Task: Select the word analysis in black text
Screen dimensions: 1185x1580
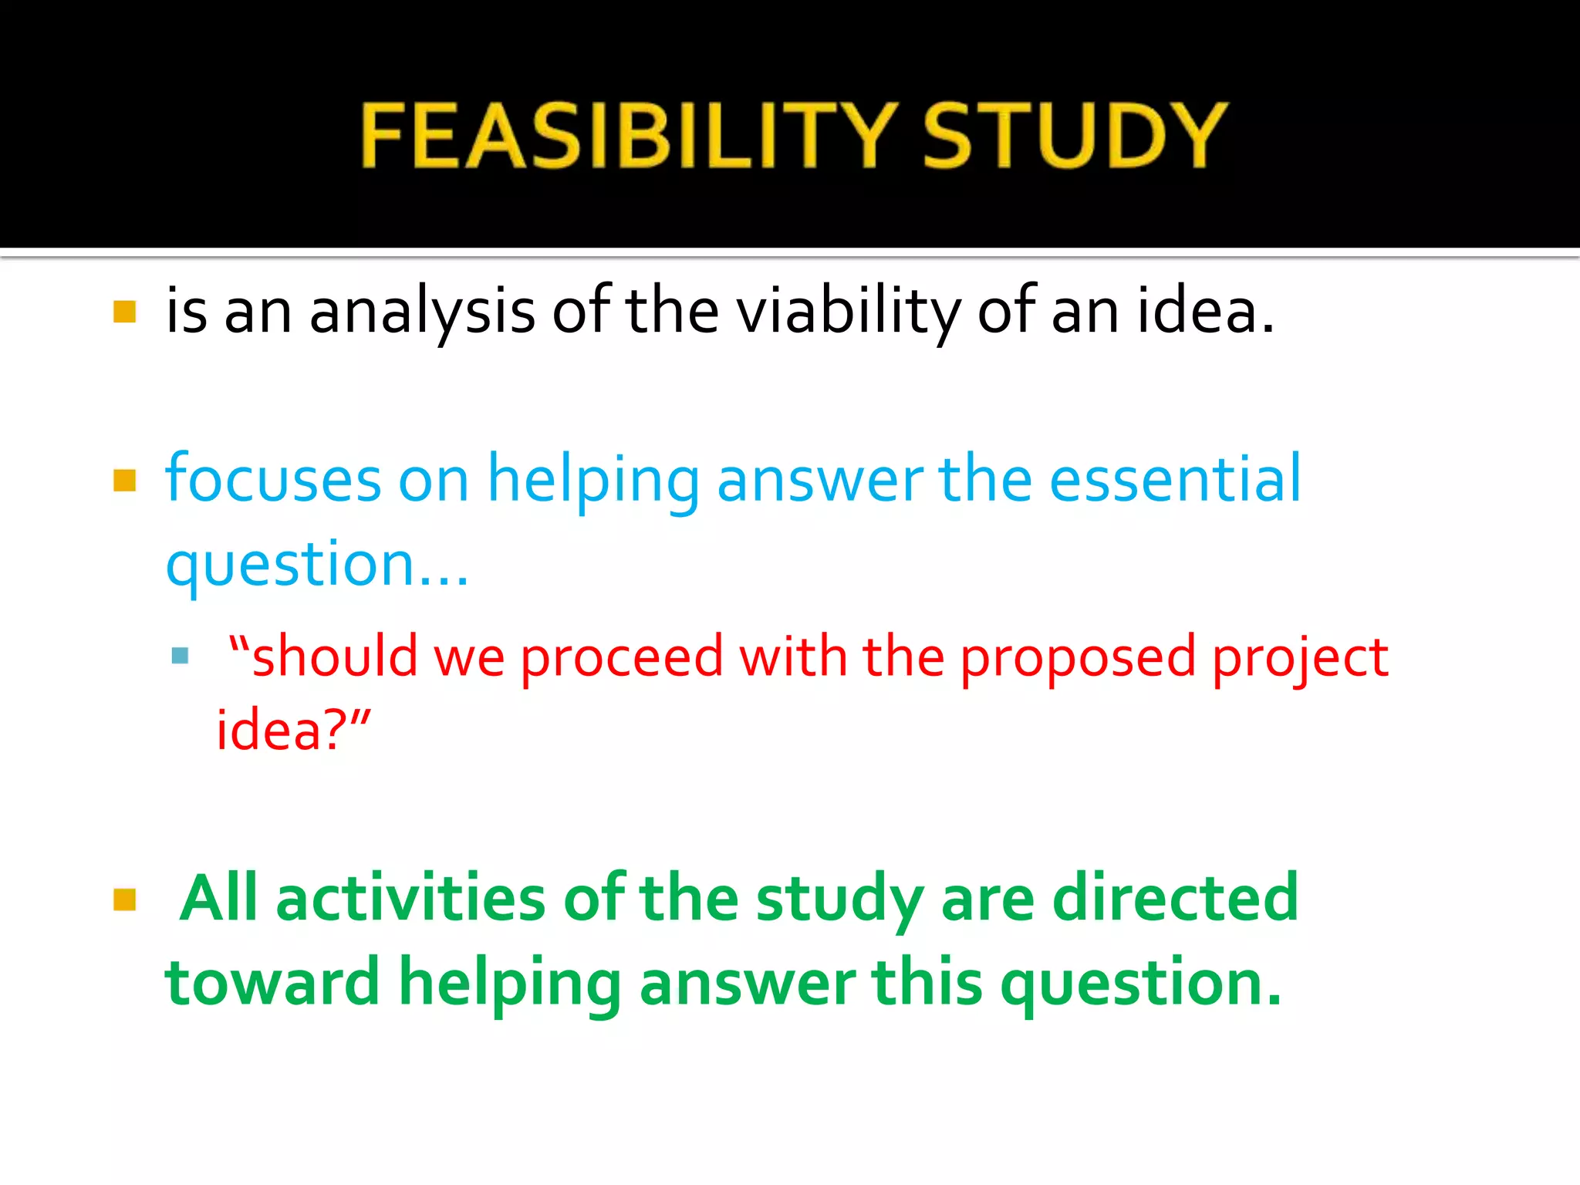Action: (422, 312)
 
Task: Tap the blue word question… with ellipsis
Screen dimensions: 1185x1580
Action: (316, 565)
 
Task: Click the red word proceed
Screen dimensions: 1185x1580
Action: (622, 658)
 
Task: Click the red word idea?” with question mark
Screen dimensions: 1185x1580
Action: (293, 730)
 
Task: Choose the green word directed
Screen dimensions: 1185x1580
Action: (1175, 898)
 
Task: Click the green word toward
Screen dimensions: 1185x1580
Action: (272, 983)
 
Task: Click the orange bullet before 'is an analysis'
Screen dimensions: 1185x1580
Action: (124, 312)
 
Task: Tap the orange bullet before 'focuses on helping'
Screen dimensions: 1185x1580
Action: (124, 481)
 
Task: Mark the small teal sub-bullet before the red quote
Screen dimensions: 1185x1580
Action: (181, 656)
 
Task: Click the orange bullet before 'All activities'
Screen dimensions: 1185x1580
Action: (124, 900)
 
